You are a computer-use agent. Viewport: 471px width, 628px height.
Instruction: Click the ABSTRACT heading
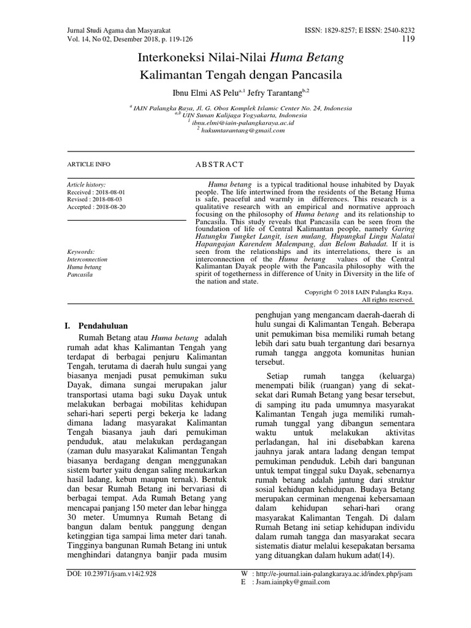pos(218,164)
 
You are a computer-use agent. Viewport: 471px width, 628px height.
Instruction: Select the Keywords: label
pos(80,251)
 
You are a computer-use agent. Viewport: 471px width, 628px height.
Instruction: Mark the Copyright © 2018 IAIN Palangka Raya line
pos(359,292)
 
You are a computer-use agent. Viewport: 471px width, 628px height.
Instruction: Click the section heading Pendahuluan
pos(104,325)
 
